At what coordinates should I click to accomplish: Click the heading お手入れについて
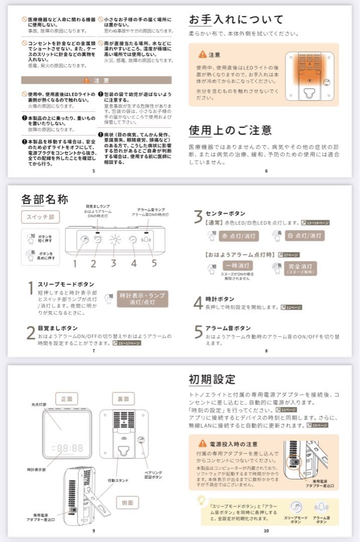click(x=236, y=20)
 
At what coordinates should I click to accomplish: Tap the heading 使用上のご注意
click(x=230, y=130)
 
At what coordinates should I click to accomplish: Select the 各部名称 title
click(x=45, y=199)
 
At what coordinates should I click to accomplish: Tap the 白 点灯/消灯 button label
click(x=305, y=235)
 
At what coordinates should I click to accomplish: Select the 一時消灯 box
click(x=238, y=265)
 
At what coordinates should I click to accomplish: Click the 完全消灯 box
click(x=301, y=268)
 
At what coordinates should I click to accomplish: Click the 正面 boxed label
click(x=67, y=399)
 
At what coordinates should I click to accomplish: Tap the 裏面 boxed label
click(x=123, y=399)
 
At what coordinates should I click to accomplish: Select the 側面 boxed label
click(x=123, y=502)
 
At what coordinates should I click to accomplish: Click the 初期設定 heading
click(x=212, y=379)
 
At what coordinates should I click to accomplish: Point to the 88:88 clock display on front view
click(x=70, y=448)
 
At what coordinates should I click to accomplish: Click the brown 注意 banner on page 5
click(x=96, y=80)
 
